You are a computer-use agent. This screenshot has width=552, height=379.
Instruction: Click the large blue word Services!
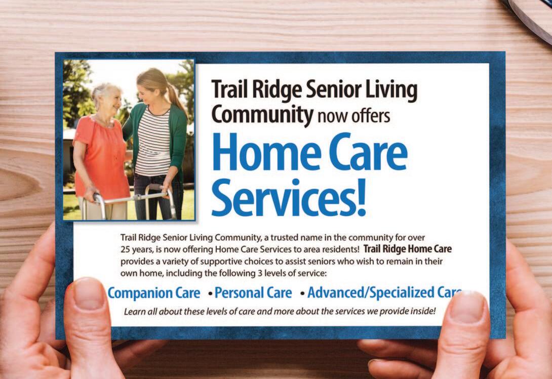coord(289,197)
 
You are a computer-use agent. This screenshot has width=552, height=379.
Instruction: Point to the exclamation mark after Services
coord(361,197)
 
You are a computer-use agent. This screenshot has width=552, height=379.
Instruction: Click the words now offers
coord(353,116)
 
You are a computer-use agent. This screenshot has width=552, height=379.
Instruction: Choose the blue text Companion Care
coord(154,293)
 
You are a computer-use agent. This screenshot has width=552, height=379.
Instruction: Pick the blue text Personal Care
coord(253,293)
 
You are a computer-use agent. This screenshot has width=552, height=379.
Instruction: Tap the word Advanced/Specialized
coord(371,293)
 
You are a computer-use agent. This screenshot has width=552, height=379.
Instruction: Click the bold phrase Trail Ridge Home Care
coord(407,249)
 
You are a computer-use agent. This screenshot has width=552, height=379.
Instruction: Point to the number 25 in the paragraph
coord(125,249)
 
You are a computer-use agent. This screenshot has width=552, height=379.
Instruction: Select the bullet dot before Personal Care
coord(210,293)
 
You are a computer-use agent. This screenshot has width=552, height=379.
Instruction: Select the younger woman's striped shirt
coord(153,141)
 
